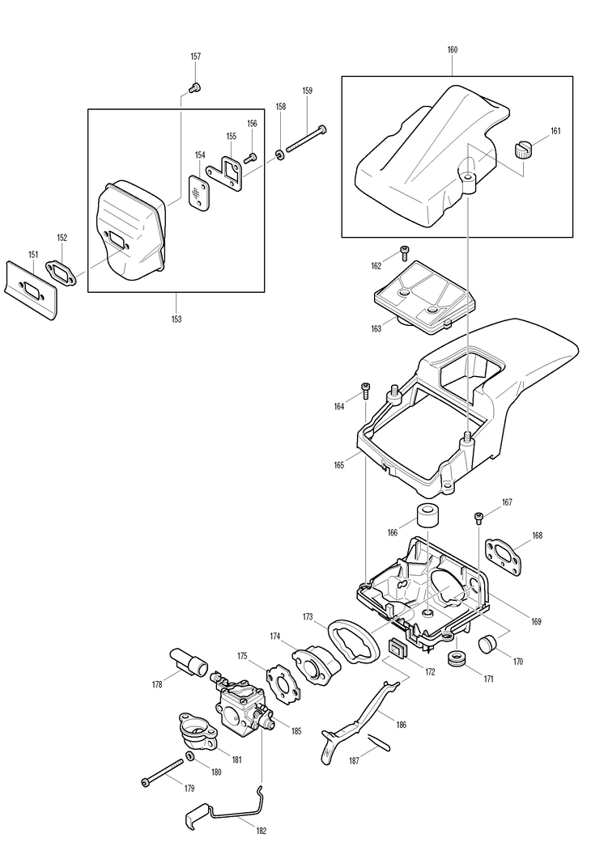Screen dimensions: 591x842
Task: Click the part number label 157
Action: pyautogui.click(x=196, y=57)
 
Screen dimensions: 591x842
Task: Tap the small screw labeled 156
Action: pyautogui.click(x=250, y=158)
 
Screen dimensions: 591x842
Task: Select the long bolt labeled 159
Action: pyautogui.click(x=307, y=138)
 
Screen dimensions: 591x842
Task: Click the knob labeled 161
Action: pyautogui.click(x=522, y=150)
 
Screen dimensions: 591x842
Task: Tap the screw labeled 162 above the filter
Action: pyautogui.click(x=405, y=252)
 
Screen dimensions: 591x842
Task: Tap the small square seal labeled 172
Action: pyautogui.click(x=398, y=647)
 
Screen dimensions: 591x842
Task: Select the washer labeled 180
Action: pyautogui.click(x=190, y=756)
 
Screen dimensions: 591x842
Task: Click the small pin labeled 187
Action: pyautogui.click(x=379, y=743)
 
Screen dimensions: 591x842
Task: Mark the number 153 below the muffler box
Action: pyautogui.click(x=176, y=319)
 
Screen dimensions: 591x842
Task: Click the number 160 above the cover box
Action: pyautogui.click(x=453, y=50)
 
